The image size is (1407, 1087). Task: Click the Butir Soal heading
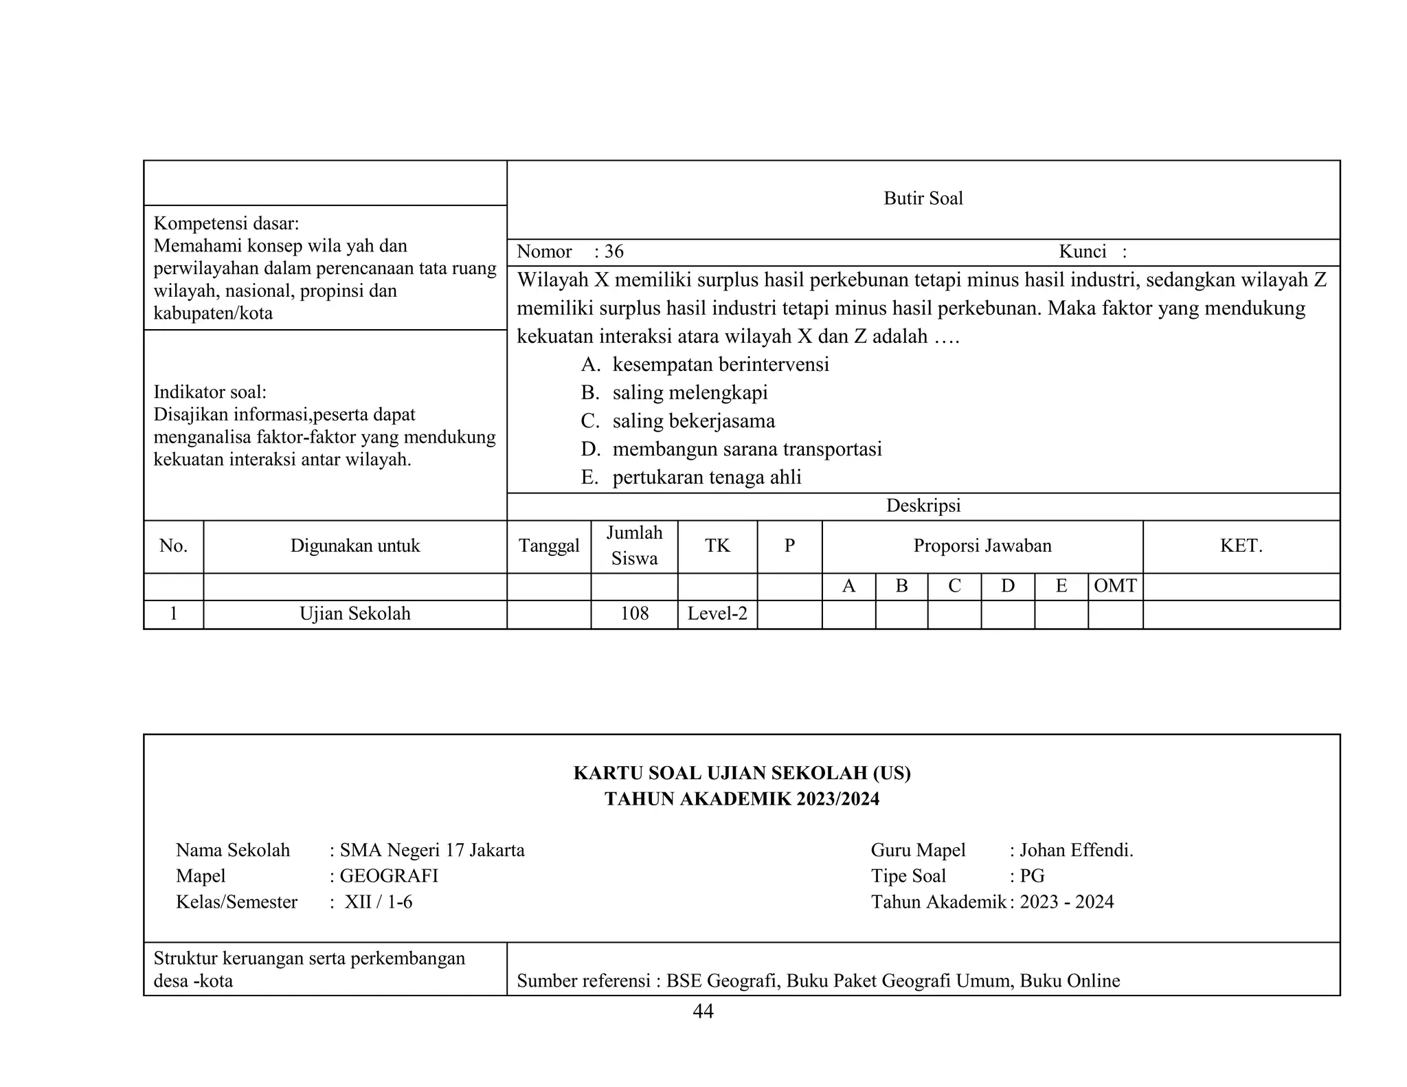(x=923, y=199)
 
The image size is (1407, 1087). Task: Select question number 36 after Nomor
(x=614, y=251)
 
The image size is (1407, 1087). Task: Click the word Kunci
(x=1082, y=251)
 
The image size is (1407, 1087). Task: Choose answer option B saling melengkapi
(x=689, y=393)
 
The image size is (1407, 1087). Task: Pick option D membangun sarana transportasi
(x=746, y=449)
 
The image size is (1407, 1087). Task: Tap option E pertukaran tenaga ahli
(x=706, y=478)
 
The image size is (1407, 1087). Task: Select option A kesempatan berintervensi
(x=720, y=364)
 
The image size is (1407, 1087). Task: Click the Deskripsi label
(x=923, y=506)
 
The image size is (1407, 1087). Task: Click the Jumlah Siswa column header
(x=634, y=546)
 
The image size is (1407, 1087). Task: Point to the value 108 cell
(x=634, y=614)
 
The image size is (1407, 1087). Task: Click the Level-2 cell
(x=717, y=614)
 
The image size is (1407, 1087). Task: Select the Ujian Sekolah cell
(x=354, y=614)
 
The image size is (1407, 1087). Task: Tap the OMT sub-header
(x=1115, y=586)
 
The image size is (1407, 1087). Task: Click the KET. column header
(x=1241, y=546)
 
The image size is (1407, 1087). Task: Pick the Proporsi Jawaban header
(x=982, y=546)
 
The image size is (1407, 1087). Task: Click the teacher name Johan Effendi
(x=1076, y=851)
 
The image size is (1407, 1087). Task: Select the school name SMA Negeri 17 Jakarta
(x=431, y=851)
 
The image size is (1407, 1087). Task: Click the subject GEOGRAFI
(x=388, y=876)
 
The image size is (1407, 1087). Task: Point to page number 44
(x=703, y=1011)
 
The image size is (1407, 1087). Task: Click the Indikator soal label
(x=210, y=392)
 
